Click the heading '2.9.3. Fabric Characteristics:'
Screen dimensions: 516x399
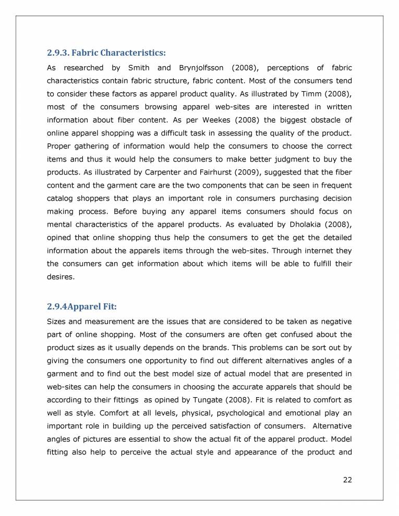click(x=106, y=53)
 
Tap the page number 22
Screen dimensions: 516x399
click(x=347, y=480)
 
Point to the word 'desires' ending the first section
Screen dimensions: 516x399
click(x=59, y=276)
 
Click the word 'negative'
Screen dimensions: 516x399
click(x=336, y=321)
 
